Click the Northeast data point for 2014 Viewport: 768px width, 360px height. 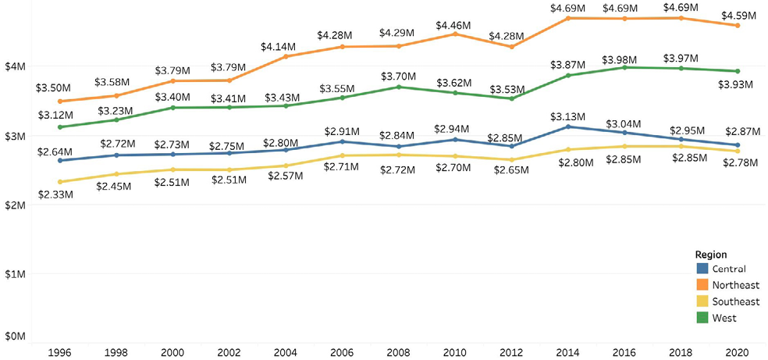tap(568, 18)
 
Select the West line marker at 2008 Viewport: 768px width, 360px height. tap(398, 87)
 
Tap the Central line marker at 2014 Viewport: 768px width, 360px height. tap(568, 127)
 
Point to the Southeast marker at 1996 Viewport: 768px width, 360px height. tap(59, 182)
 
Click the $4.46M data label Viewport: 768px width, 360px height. tap(453, 26)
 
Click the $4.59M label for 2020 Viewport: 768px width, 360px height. tap(735, 14)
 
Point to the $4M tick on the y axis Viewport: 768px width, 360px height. tap(16, 67)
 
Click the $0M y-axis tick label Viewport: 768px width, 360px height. tap(16, 336)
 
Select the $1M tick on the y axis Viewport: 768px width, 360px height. tap(16, 274)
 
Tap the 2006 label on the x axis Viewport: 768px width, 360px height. tap(340, 351)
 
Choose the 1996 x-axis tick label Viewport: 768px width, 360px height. tap(59, 351)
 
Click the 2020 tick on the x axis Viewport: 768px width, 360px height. tap(736, 351)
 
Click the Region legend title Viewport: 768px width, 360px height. tap(710, 255)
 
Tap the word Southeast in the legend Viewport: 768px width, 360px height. tap(736, 302)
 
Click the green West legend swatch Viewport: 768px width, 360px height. tap(701, 318)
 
